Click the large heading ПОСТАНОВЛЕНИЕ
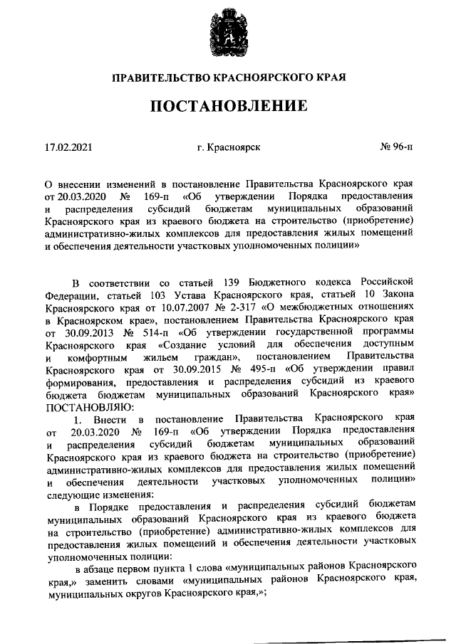tap(228, 107)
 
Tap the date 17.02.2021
tap(68, 148)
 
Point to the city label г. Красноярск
tap(229, 148)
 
